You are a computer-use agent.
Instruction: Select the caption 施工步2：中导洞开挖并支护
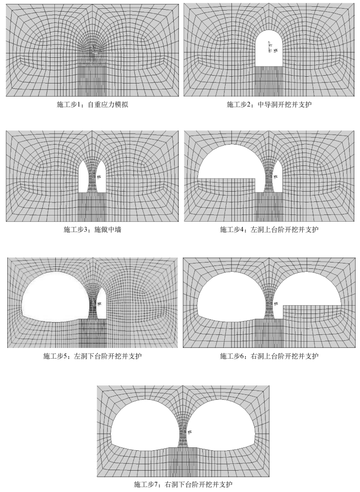pyautogui.click(x=270, y=104)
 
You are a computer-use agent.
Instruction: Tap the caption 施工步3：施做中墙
pyautogui.click(x=92, y=229)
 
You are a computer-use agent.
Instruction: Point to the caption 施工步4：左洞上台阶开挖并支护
pyautogui.click(x=269, y=229)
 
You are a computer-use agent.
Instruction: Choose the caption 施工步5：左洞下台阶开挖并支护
pyautogui.click(x=92, y=356)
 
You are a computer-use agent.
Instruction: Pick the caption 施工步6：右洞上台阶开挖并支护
pyautogui.click(x=269, y=356)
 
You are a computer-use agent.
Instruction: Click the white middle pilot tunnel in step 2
pyautogui.click(x=269, y=49)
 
